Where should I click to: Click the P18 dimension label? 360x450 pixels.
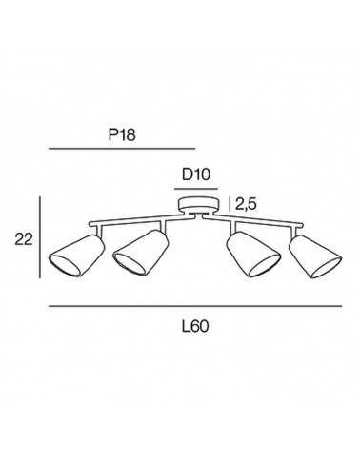coord(122,134)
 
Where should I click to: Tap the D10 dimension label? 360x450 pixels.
coord(196,174)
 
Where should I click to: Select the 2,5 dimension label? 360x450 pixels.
coord(246,205)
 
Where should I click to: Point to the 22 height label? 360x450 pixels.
coord(24,239)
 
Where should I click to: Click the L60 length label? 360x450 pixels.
coord(195,326)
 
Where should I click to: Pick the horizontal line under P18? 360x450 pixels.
coord(122,149)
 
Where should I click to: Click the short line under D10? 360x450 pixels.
coord(196,189)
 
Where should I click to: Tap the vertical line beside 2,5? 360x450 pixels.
coord(230,204)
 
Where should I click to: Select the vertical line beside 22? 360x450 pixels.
coord(40,237)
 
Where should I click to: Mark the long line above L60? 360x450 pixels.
coord(195,306)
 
